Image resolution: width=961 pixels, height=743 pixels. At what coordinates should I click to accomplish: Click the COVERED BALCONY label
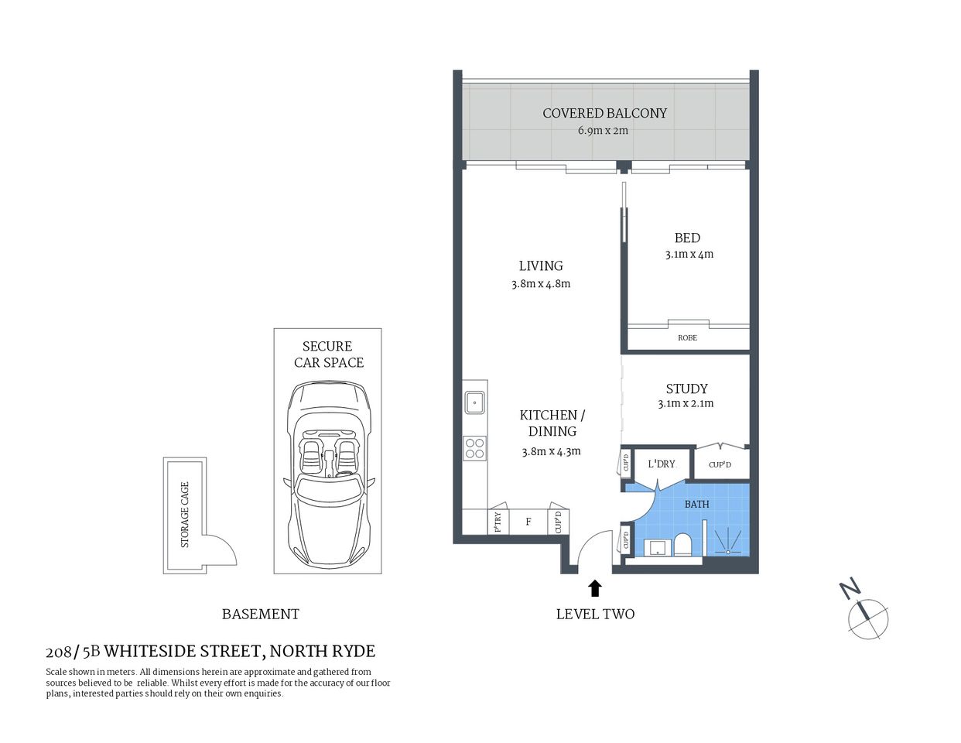point(604,113)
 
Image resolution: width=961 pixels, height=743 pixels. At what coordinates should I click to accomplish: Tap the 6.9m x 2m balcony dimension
point(603,131)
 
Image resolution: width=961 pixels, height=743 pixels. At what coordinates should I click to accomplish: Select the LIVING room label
point(540,265)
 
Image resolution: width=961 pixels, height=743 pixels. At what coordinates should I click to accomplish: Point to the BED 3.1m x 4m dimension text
point(689,255)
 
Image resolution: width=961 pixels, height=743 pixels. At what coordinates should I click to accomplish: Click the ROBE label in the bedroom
point(687,338)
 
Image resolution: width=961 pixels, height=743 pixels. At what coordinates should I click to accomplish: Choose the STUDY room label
point(686,389)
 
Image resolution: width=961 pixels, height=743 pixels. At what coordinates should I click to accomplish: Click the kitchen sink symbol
point(474,402)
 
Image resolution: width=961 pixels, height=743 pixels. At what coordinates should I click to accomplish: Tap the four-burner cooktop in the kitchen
point(474,449)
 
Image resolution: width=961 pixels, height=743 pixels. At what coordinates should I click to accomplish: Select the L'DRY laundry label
point(662,464)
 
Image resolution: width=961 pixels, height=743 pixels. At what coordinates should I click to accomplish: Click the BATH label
point(696,504)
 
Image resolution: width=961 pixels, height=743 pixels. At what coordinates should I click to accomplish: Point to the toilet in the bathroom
point(682,545)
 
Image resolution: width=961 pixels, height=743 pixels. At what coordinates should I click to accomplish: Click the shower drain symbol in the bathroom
point(727,552)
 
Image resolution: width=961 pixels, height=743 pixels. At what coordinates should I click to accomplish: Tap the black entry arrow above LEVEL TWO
point(595,588)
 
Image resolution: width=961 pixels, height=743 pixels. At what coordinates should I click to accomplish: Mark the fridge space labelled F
point(528,522)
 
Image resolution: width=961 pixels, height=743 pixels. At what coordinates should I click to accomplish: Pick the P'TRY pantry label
point(498,522)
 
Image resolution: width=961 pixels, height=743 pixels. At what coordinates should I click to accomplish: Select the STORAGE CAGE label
point(185,515)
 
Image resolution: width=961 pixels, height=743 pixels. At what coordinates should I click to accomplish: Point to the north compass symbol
point(867,618)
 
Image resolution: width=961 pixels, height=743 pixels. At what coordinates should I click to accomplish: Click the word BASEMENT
point(260,614)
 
